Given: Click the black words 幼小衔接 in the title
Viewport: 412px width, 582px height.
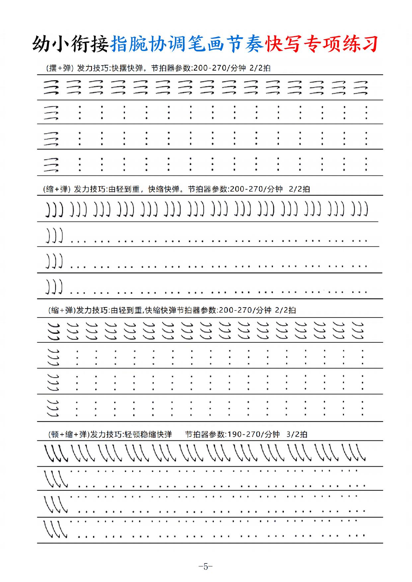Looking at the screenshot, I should click(x=70, y=44).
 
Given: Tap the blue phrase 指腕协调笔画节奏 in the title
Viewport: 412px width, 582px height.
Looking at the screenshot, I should click(x=187, y=44).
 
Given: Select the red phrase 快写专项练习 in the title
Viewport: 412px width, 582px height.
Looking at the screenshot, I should click(x=321, y=44).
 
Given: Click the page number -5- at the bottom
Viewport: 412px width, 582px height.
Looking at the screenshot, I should click(x=206, y=566).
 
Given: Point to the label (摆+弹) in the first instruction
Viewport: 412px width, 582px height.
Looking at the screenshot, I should click(x=59, y=68).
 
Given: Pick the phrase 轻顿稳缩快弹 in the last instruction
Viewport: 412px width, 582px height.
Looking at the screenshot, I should click(x=148, y=434).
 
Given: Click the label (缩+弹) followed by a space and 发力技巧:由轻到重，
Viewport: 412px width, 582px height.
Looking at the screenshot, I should click(x=56, y=189).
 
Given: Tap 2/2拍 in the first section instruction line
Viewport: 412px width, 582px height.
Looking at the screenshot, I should click(x=260, y=68).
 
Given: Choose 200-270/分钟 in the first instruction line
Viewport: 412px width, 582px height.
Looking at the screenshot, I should click(x=219, y=68).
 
